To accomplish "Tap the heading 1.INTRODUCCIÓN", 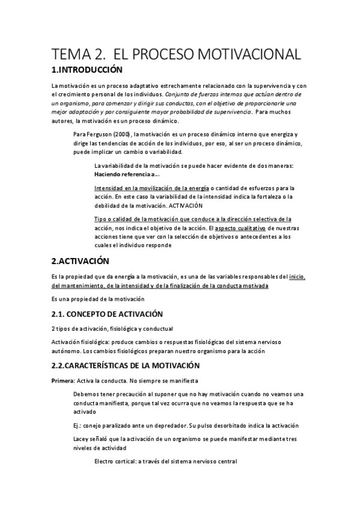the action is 90,70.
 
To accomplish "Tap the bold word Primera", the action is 63,381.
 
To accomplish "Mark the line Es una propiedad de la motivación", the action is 98,299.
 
